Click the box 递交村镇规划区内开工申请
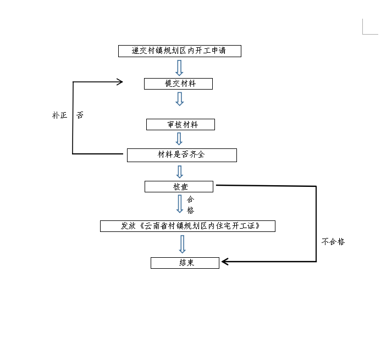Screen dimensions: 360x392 (x=180, y=51)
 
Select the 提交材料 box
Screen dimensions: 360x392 (x=178, y=84)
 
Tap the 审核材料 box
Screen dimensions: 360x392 (x=180, y=125)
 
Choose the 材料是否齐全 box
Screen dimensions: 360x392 (x=181, y=155)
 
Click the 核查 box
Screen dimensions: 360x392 (x=179, y=187)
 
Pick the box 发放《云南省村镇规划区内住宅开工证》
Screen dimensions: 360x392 (x=187, y=226)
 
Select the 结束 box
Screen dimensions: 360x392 (x=185, y=263)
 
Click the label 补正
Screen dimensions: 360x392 (x=59, y=115)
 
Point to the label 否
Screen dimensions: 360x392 (x=80, y=115)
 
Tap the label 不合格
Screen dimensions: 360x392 (x=333, y=241)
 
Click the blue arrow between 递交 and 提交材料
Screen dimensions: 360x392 (x=179, y=68)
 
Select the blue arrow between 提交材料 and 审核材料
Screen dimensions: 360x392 (x=179, y=99)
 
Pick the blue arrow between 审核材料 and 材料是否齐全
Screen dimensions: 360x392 (x=179, y=139)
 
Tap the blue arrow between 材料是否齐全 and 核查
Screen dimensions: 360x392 (x=179, y=171)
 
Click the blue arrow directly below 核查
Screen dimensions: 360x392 (x=180, y=203)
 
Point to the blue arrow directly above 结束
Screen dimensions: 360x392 (x=183, y=244)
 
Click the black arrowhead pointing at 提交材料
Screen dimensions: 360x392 (x=118, y=82)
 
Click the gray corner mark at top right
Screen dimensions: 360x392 (x=369, y=27)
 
